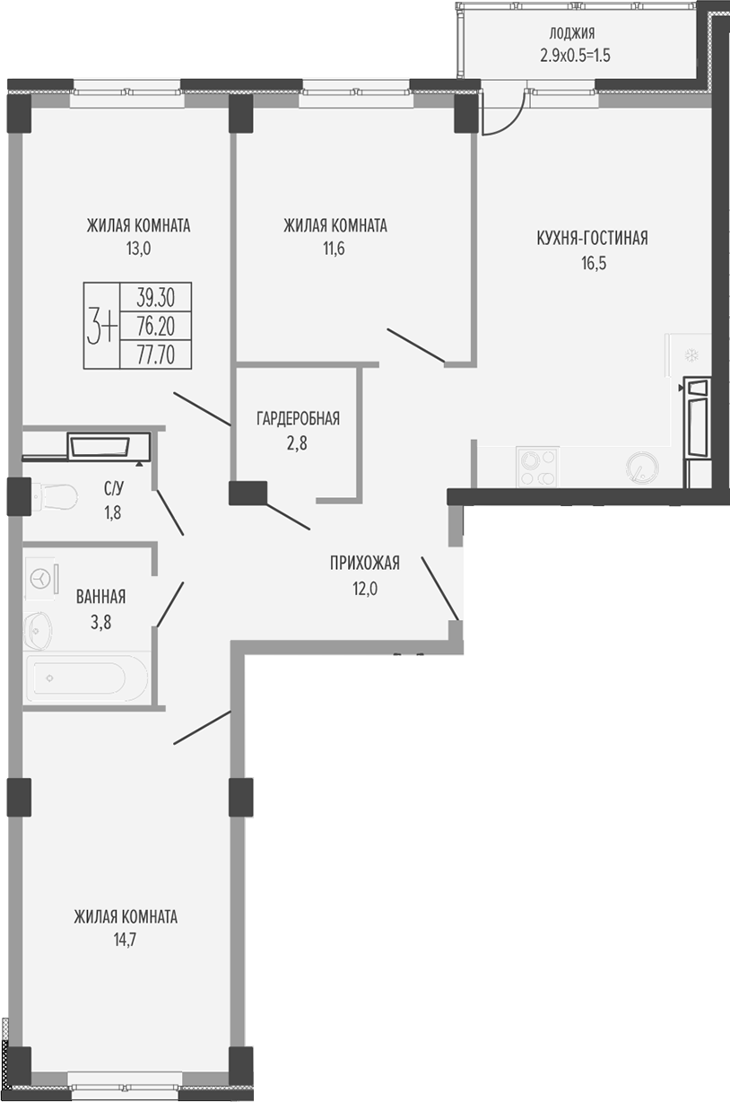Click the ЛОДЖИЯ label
coord(571,33)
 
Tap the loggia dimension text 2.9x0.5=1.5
coord(575,56)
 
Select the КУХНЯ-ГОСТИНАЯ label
coord(592,238)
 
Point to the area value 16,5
coord(594,263)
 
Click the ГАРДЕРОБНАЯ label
coord(298,418)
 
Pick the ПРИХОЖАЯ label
coord(365,563)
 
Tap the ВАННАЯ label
coord(100,597)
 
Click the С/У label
coord(114,488)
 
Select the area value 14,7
coord(126,940)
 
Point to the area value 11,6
coord(335,249)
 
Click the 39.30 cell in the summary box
coord(156,297)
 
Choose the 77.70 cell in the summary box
coord(156,354)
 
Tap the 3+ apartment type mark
coord(101,326)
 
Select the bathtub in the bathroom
coord(86,678)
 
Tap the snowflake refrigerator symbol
coord(691,354)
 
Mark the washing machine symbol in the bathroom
coord(42,579)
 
